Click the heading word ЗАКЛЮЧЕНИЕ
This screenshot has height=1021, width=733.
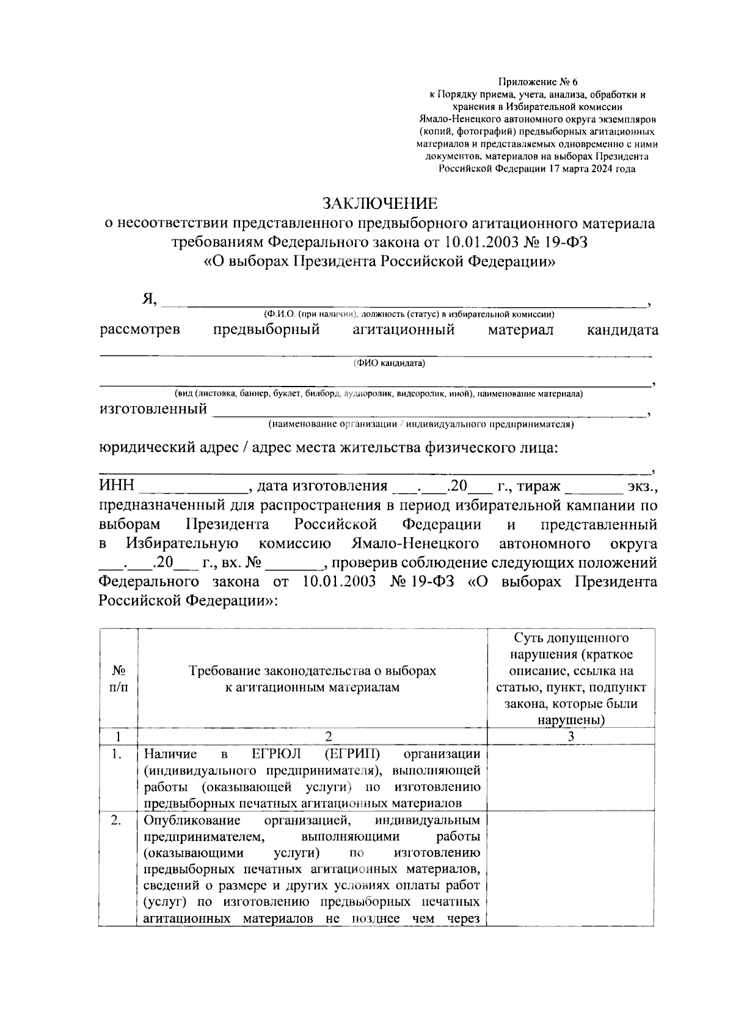[x=380, y=203]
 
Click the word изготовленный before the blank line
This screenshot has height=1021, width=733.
[x=153, y=409]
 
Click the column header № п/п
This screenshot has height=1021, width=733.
[x=119, y=678]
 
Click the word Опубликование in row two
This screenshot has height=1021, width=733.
[x=193, y=820]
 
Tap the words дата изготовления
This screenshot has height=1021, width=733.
[x=323, y=486]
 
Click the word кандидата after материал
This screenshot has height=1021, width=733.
[x=622, y=330]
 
